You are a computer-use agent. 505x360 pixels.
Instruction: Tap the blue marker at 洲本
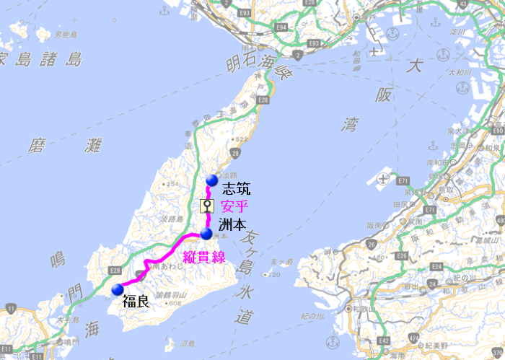206,234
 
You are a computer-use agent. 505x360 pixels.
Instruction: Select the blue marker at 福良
117,290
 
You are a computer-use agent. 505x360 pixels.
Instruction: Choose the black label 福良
136,301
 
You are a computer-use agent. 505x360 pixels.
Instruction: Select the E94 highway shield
281,27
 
